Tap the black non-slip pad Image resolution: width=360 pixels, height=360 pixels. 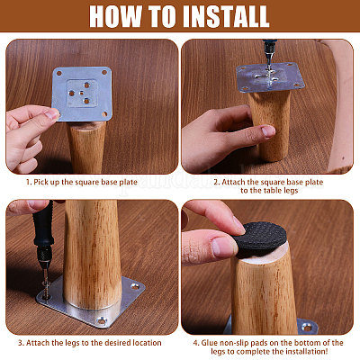(x=260, y=238)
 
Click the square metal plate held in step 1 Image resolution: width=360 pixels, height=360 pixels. (x=82, y=94)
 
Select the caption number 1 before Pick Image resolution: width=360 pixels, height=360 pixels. (x=29, y=182)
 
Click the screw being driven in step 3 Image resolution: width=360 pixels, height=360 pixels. (x=46, y=287)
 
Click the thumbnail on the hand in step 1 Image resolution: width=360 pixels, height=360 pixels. (x=51, y=113)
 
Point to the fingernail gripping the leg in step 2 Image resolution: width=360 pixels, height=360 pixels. (x=267, y=131)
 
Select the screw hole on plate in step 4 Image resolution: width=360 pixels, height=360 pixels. (x=308, y=327)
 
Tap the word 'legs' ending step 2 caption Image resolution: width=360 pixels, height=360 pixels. (x=290, y=191)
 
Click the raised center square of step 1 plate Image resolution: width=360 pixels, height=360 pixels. (x=82, y=94)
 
